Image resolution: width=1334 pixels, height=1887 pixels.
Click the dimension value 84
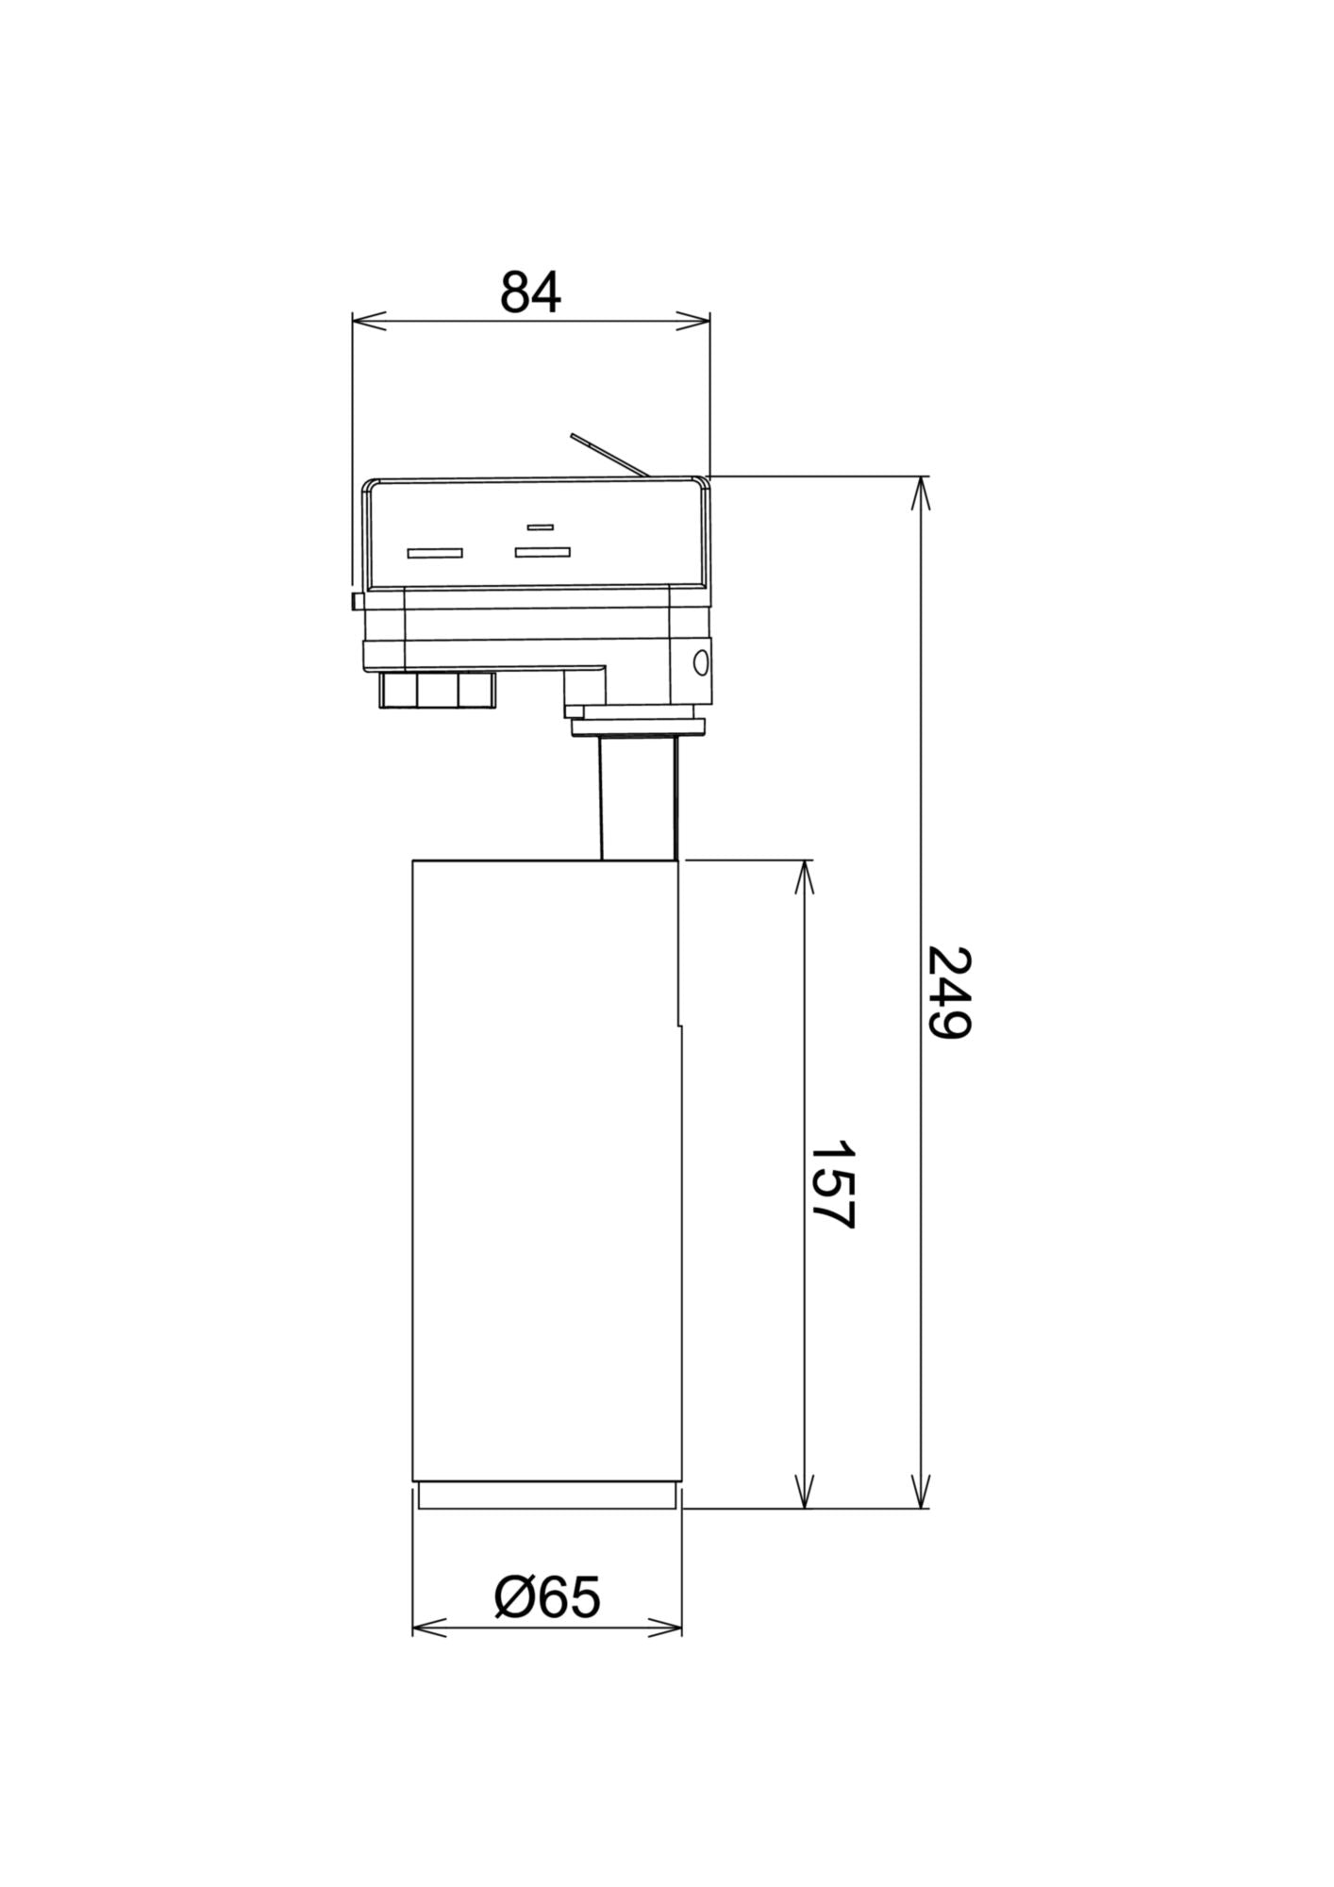tap(530, 292)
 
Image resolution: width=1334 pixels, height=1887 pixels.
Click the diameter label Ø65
tap(547, 1597)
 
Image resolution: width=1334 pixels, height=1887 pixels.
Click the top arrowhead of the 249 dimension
tap(922, 492)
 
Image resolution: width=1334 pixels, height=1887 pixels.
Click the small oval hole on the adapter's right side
tap(700, 662)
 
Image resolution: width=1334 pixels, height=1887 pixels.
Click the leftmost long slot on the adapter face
tap(435, 553)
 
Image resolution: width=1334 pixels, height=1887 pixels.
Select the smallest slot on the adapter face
tap(540, 526)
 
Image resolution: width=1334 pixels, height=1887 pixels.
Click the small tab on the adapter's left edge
tap(357, 601)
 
